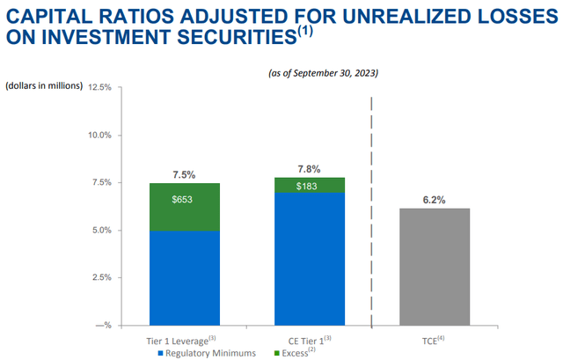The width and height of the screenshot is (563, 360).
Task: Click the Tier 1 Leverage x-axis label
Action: click(180, 340)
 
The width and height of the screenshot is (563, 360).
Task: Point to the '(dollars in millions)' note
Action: click(44, 85)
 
